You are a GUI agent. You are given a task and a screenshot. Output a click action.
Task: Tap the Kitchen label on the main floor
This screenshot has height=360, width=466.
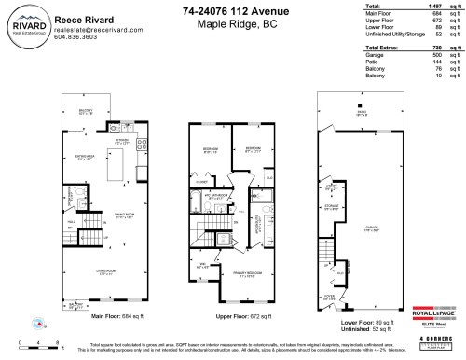120,140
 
